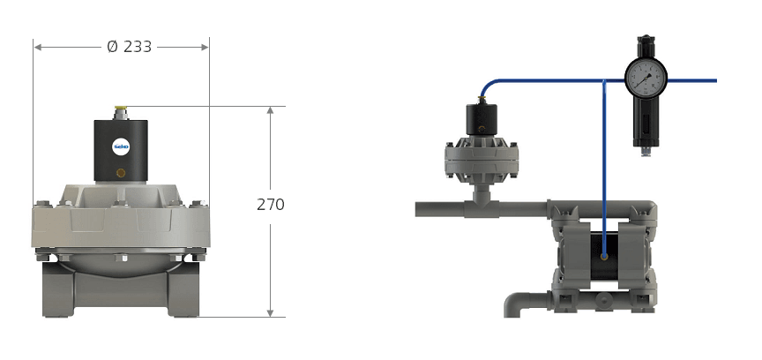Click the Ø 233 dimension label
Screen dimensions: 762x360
click(x=130, y=47)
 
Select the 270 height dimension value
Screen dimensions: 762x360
click(x=270, y=205)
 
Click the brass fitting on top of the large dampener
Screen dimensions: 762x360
click(x=119, y=112)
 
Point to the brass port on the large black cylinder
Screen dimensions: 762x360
click(x=121, y=173)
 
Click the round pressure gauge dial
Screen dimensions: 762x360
click(x=646, y=78)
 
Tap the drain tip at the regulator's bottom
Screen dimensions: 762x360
click(x=646, y=153)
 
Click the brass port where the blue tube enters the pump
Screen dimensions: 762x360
click(x=604, y=256)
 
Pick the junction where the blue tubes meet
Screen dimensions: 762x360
click(x=604, y=80)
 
